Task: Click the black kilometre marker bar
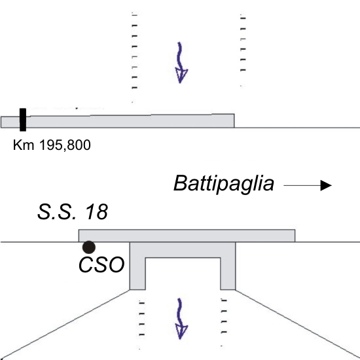pos(23,120)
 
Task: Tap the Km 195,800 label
pos(52,145)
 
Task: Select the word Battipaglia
pos(224,184)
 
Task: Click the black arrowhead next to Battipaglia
pos(326,185)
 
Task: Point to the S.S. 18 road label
pos(73,211)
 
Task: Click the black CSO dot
pos(89,247)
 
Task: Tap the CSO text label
pos(101,264)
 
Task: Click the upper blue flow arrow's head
pos(181,76)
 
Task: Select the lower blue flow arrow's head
pos(181,332)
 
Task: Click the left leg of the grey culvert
pos(137,266)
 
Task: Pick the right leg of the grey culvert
pos(228,266)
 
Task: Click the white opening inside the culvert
pos(183,274)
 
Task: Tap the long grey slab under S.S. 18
pos(187,236)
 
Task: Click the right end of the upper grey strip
pos(234,121)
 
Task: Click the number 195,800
pos(65,145)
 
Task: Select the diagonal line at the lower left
pos(65,324)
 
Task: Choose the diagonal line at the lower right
pos(298,323)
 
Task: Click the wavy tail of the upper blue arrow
pos(179,56)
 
